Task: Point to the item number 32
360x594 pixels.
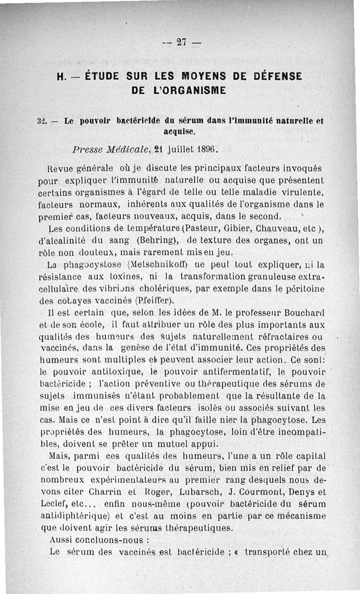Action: pos(42,121)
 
